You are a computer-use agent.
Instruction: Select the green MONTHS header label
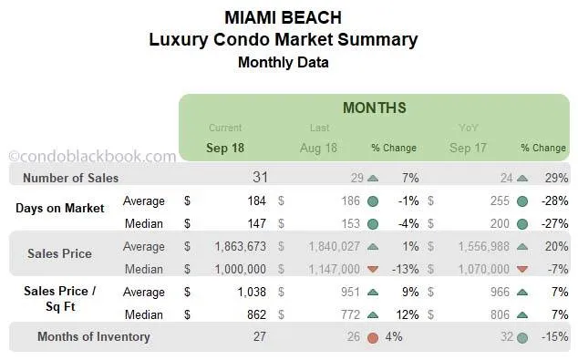pyautogui.click(x=374, y=108)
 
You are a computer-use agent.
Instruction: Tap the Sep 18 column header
pyautogui.click(x=225, y=148)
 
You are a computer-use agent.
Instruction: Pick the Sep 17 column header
pyautogui.click(x=468, y=148)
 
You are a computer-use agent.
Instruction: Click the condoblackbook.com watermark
pyautogui.click(x=91, y=157)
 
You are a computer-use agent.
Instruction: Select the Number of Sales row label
pyautogui.click(x=70, y=178)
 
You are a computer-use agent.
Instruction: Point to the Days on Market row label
pyautogui.click(x=59, y=208)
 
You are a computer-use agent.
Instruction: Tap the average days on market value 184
pyautogui.click(x=253, y=201)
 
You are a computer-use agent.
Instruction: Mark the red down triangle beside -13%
pyautogui.click(x=373, y=269)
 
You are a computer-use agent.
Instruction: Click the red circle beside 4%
pyautogui.click(x=373, y=337)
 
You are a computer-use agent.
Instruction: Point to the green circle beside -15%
pyautogui.click(x=521, y=337)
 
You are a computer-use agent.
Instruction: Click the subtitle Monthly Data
pyautogui.click(x=283, y=62)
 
